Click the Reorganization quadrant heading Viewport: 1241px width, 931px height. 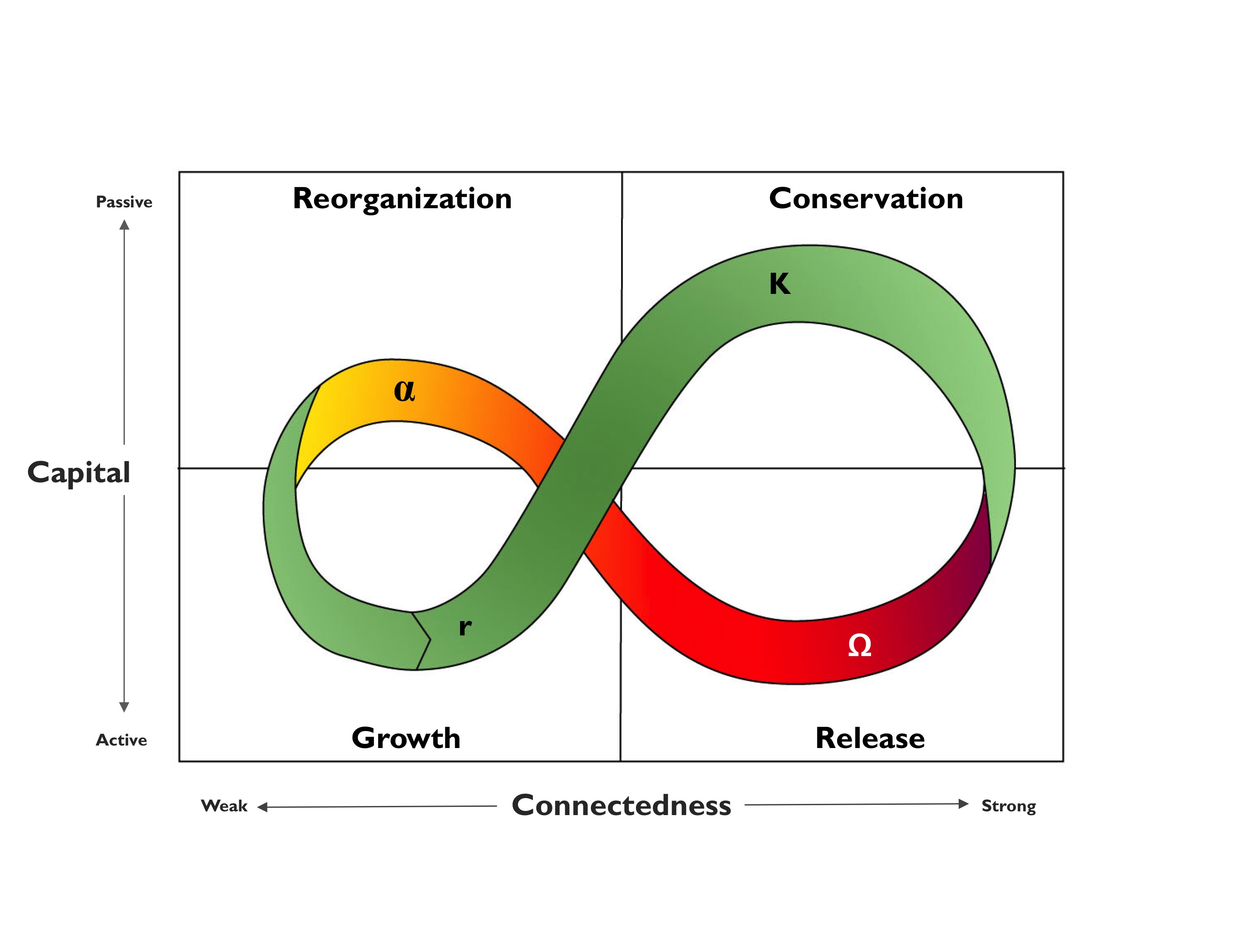(x=402, y=199)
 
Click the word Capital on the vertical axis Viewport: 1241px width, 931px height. (x=79, y=472)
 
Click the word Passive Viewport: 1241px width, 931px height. (x=124, y=202)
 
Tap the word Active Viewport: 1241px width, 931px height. (x=121, y=740)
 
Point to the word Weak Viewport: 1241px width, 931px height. (x=224, y=806)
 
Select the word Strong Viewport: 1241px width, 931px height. (x=1009, y=806)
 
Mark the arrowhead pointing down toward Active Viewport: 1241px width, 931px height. (x=125, y=707)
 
